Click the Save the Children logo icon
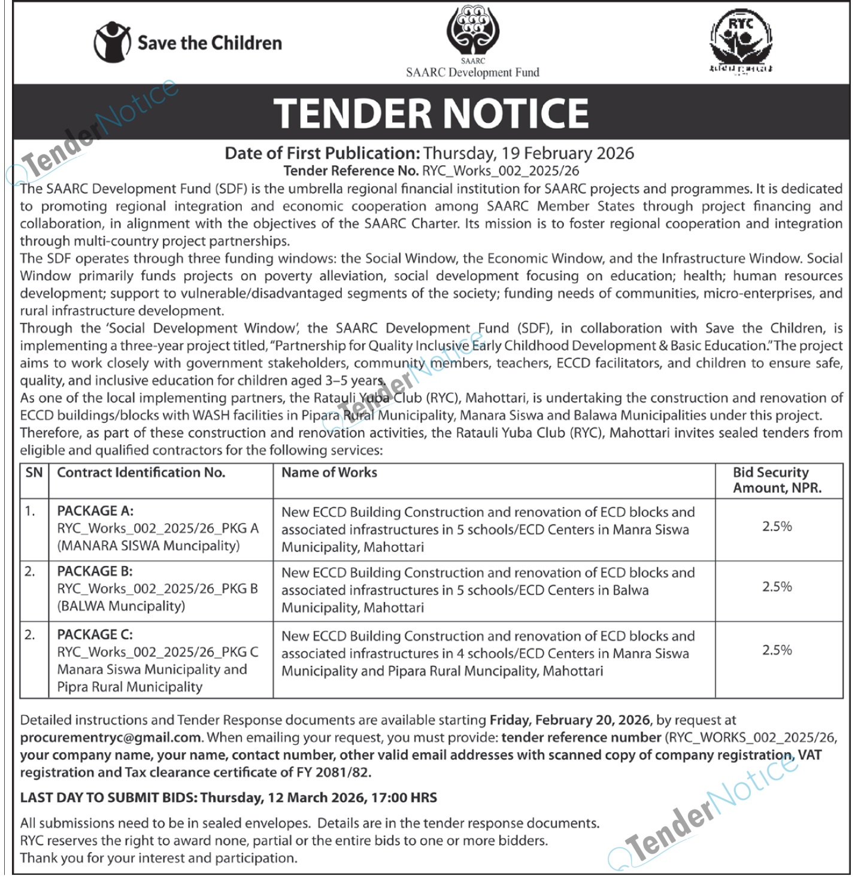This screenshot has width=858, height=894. (x=111, y=42)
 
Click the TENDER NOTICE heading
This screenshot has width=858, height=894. (x=431, y=113)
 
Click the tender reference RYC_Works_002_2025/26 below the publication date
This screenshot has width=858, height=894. (x=501, y=171)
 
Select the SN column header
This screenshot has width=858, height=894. (x=34, y=472)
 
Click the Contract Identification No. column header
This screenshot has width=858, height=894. (x=141, y=472)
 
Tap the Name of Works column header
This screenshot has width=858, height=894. (x=329, y=472)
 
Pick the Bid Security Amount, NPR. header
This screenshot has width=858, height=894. (x=777, y=480)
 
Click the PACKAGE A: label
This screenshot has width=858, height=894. (x=95, y=511)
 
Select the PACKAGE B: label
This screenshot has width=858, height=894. (x=95, y=571)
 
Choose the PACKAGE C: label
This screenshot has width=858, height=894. (x=95, y=634)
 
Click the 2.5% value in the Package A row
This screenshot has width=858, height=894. (x=777, y=526)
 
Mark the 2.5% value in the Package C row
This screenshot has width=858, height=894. (x=777, y=650)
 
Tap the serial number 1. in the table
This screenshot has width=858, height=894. (x=30, y=511)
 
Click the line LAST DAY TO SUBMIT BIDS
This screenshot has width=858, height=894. (x=228, y=798)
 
